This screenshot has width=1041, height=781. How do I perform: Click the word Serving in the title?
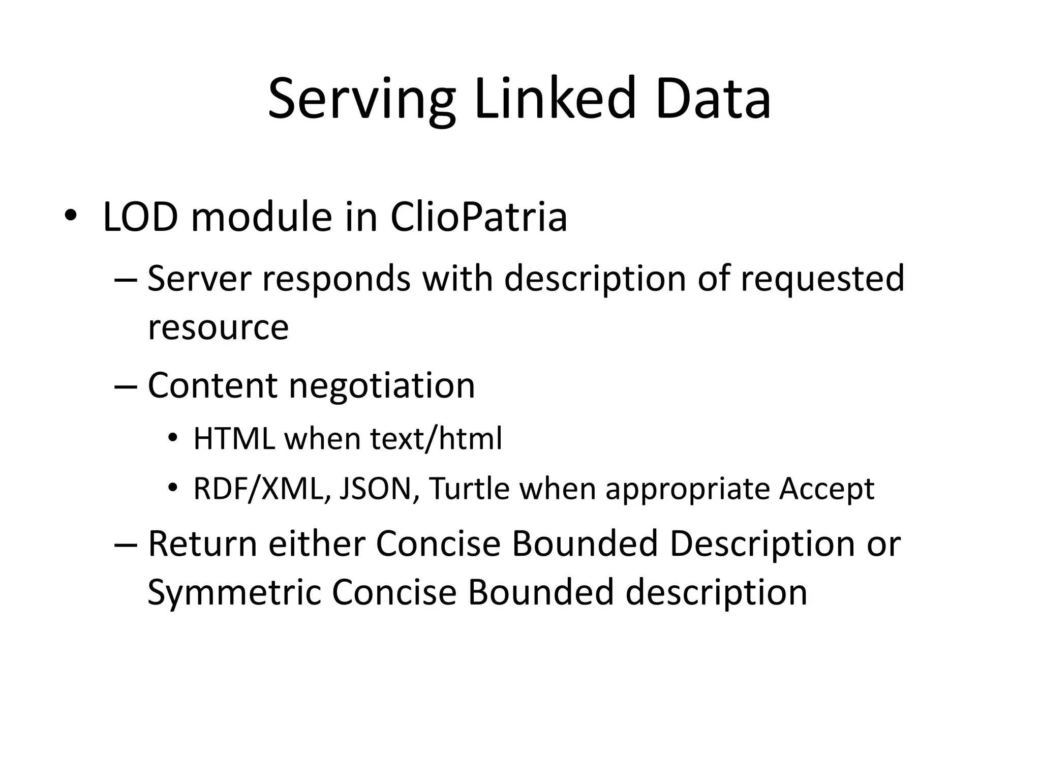tap(361, 99)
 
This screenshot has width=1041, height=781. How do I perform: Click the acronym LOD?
tap(140, 218)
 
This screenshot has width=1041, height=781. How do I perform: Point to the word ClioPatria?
tap(478, 218)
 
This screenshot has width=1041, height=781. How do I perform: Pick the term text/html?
tap(436, 438)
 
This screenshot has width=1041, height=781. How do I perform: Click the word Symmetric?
tap(234, 593)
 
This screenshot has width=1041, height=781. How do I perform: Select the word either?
tap(317, 544)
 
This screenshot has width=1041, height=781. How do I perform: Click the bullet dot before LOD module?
tap(70, 216)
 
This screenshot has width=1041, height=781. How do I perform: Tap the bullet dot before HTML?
tap(173, 438)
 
